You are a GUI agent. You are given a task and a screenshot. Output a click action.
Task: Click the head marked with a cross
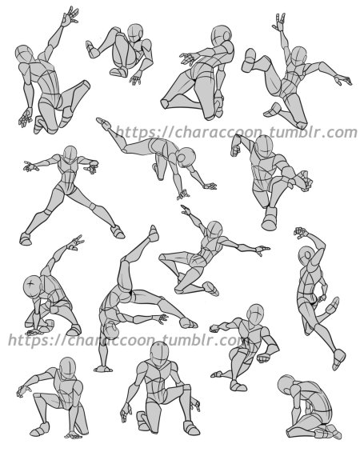click(32, 286)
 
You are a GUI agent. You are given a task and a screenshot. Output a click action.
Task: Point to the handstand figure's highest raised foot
click(154, 234)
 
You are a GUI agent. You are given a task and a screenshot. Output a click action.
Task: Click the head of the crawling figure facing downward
click(186, 157)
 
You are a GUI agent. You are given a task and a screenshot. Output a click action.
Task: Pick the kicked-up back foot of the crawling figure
click(103, 123)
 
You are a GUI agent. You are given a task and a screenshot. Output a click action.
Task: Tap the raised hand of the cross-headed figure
click(75, 243)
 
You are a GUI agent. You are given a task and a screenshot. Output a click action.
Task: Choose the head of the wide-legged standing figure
click(70, 154)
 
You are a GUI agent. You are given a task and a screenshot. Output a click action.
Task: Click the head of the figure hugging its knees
click(135, 34)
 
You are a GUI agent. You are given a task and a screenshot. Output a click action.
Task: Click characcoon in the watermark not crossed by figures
click(218, 133)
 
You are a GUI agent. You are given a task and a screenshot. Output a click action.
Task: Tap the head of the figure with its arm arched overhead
click(306, 255)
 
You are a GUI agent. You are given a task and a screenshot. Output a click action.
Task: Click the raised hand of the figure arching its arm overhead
click(300, 232)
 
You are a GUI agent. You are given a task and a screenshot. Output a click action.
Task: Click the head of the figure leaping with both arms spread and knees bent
click(214, 230)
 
